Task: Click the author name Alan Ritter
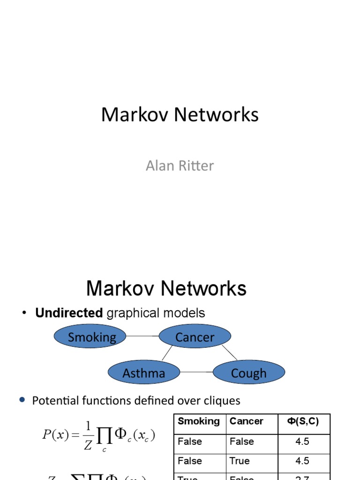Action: (180, 165)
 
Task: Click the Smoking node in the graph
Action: (91, 337)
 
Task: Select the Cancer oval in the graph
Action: (195, 337)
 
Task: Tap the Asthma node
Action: (143, 373)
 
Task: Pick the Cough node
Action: (248, 373)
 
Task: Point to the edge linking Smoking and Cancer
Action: (143, 336)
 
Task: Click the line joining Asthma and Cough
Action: (196, 372)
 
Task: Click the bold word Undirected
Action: (69, 313)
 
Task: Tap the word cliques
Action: (220, 401)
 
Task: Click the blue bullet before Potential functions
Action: (22, 400)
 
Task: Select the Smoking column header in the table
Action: (199, 421)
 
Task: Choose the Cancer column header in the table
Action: (247, 421)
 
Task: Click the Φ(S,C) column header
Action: (302, 421)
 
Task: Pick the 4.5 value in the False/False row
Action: (302, 442)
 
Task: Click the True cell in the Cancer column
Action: (240, 461)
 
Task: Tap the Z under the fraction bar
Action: (88, 445)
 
